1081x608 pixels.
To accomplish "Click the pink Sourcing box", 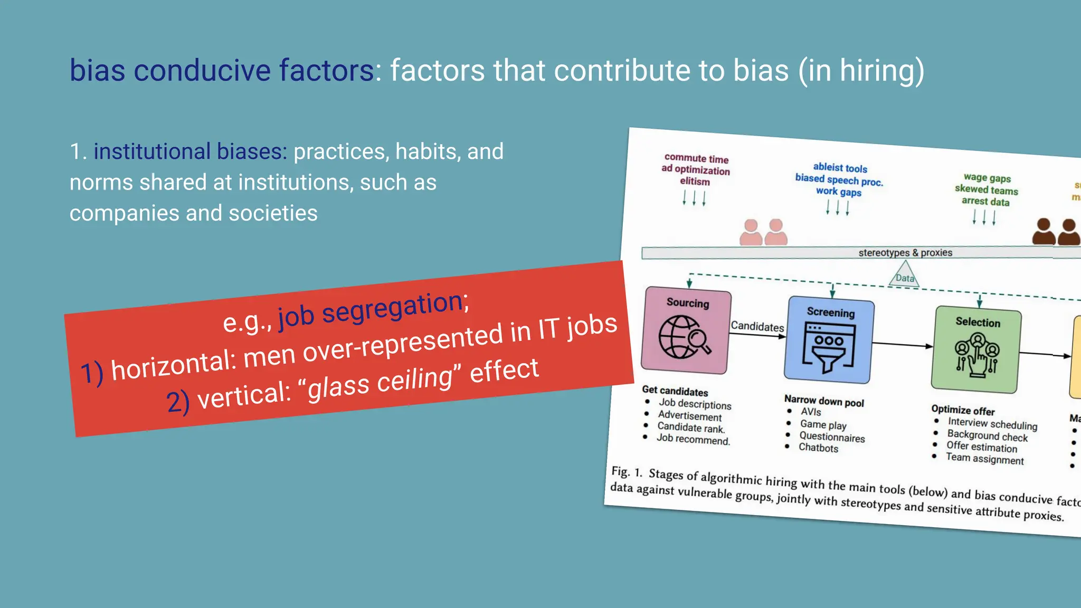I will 686,330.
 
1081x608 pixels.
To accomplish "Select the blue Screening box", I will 829,340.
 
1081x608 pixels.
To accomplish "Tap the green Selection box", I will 977,350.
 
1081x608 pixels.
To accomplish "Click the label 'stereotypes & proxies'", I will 905,253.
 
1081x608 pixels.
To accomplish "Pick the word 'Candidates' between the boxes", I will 757,327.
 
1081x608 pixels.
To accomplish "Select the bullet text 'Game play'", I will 823,424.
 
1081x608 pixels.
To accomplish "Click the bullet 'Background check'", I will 987,435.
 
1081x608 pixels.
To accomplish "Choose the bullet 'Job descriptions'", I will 695,404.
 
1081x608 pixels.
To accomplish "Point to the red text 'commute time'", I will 696,158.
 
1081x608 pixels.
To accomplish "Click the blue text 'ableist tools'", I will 840,168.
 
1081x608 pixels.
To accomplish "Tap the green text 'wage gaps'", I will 987,178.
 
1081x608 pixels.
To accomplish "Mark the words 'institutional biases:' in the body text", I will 190,151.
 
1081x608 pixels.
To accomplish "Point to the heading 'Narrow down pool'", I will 823,401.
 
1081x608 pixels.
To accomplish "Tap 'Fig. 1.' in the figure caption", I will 626,471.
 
